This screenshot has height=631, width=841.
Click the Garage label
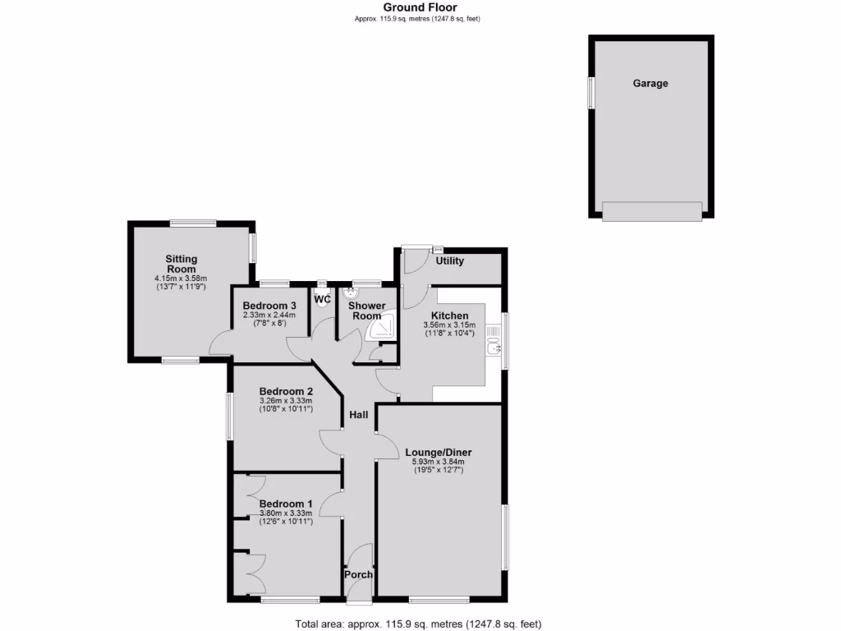[650, 83]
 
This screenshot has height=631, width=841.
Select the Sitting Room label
[182, 264]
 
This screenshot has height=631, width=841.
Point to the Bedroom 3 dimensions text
[269, 320]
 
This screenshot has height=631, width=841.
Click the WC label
[322, 299]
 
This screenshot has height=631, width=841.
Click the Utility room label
[450, 261]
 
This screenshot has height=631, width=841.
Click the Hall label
[358, 415]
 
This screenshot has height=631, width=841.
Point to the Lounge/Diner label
[439, 452]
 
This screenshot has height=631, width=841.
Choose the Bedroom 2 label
[286, 391]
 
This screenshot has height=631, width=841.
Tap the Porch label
[358, 574]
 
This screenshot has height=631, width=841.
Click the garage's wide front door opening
[652, 211]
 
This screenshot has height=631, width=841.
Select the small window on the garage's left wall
[590, 92]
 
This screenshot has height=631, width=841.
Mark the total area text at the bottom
[418, 624]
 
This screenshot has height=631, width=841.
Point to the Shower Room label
[366, 311]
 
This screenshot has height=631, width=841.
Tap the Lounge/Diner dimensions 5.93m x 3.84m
[439, 466]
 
